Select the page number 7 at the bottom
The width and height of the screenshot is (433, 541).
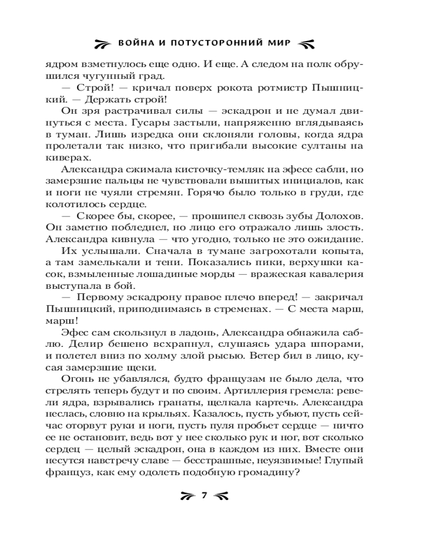pyautogui.click(x=205, y=494)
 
